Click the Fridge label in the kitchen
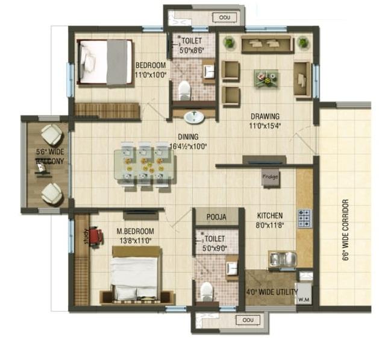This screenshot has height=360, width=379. click(x=269, y=177)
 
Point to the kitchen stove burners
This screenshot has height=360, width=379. click(x=304, y=217)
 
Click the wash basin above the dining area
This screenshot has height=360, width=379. click(x=193, y=117)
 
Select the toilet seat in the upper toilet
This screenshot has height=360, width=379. click(x=184, y=91)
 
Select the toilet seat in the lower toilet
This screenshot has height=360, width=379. click(x=206, y=291)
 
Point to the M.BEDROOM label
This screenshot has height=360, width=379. click(x=136, y=231)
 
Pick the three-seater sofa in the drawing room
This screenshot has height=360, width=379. click(x=266, y=44)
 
